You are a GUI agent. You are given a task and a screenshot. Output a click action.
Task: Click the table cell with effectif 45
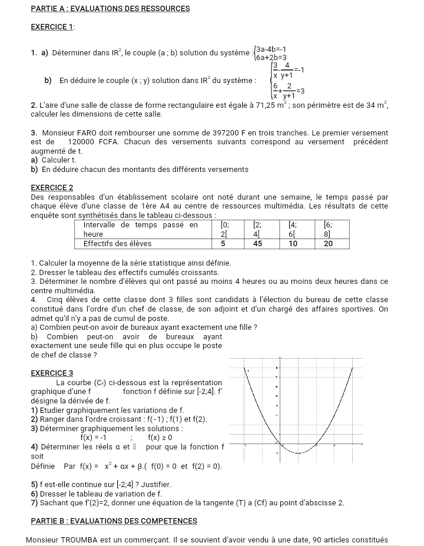pyautogui.click(x=257, y=243)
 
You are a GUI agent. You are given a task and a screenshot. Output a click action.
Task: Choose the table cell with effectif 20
pyautogui.click(x=328, y=243)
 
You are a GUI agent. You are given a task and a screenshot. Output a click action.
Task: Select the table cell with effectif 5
pyautogui.click(x=224, y=243)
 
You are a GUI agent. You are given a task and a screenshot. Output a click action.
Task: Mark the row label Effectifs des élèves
pyautogui.click(x=117, y=243)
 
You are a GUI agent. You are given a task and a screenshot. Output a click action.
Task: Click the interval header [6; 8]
pyautogui.click(x=328, y=229)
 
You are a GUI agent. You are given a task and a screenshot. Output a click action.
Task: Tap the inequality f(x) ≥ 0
pyautogui.click(x=160, y=437)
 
